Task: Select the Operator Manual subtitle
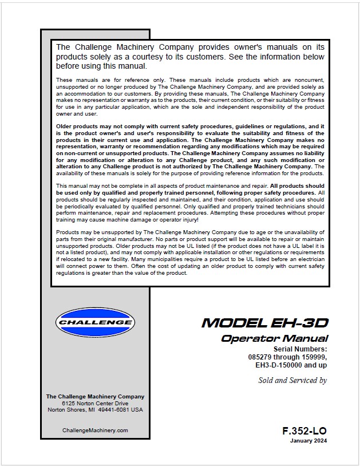pyautogui.click(x=275, y=338)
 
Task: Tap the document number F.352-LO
pyautogui.click(x=305, y=431)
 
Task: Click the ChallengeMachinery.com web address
pyautogui.click(x=95, y=430)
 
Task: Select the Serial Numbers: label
pyautogui.click(x=300, y=349)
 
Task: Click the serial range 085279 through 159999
pyautogui.click(x=283, y=356)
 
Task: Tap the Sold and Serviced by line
pyautogui.click(x=292, y=380)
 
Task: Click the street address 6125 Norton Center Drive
pyautogui.click(x=95, y=403)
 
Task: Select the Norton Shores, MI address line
pyautogui.click(x=95, y=410)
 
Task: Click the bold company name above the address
pyautogui.click(x=95, y=396)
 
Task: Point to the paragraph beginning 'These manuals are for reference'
pyautogui.click(x=190, y=96)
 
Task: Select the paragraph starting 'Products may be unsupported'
pyautogui.click(x=190, y=252)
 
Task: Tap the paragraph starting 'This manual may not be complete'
pyautogui.click(x=190, y=203)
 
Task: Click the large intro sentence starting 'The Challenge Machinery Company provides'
pyautogui.click(x=190, y=56)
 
